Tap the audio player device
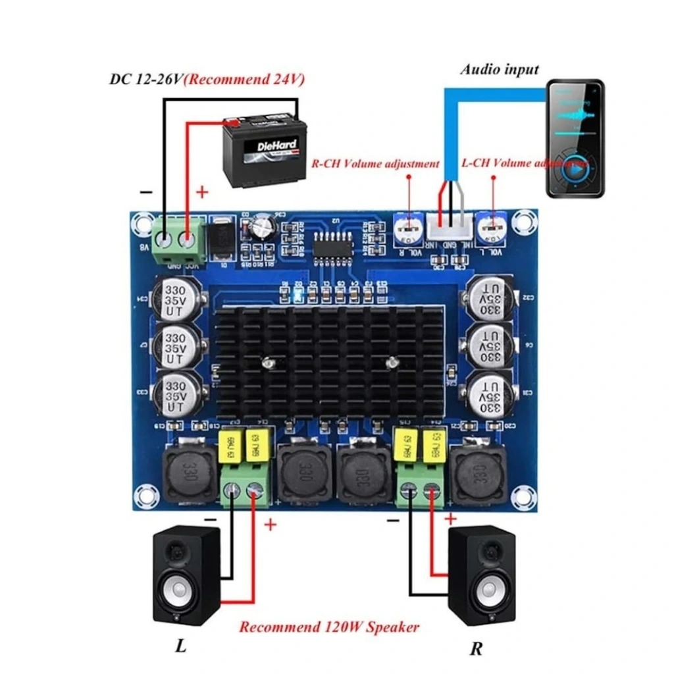click(575, 138)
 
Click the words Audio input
click(499, 69)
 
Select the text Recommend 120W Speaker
click(328, 627)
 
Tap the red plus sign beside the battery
click(203, 192)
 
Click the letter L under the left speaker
click(180, 646)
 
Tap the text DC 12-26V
click(145, 80)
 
